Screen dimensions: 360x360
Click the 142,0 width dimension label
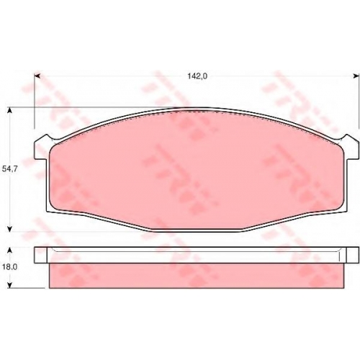click(197, 76)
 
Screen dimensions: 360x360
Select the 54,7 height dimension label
click(9, 169)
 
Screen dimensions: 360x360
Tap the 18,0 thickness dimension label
click(9, 267)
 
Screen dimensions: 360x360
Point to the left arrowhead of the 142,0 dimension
click(37, 76)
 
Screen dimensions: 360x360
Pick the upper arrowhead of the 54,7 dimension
click(9, 110)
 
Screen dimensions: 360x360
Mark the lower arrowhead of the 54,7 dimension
click(9, 229)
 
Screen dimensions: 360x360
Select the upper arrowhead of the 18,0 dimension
click(9, 251)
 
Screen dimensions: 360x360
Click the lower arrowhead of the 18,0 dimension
click(9, 285)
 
